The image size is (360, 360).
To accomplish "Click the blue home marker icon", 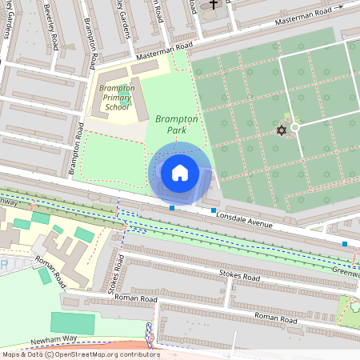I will (180, 172).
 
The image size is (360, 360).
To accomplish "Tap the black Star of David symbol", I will (281, 130).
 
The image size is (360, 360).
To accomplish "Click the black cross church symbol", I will (213, 5).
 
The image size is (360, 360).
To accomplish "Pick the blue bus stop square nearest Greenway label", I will (345, 243).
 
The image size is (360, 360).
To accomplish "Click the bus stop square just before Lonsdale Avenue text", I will (214, 210).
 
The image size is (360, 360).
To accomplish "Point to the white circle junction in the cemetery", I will (294, 127).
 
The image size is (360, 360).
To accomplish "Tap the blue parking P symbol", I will (3, 265).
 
